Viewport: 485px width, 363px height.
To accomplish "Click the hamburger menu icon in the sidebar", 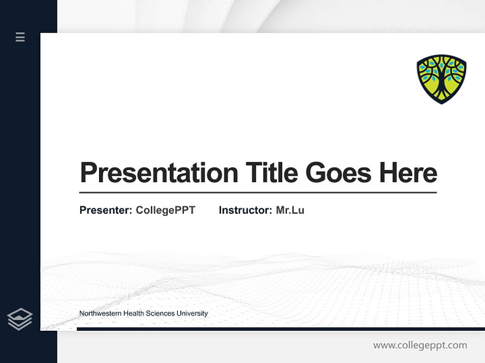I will (x=20, y=37).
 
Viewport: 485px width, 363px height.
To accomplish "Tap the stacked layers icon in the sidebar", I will (x=20, y=319).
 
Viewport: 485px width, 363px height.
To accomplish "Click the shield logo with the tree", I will (x=441, y=79).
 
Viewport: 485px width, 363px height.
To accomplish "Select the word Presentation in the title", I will (x=159, y=173).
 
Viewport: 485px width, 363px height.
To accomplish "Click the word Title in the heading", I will (x=271, y=173).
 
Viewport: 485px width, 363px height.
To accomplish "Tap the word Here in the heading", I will (x=408, y=173).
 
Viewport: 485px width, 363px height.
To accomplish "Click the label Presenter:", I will (x=106, y=210).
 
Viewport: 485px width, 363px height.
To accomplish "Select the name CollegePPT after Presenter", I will (x=165, y=210).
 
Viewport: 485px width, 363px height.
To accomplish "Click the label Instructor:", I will (x=245, y=210).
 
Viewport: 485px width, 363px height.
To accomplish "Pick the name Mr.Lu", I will (x=290, y=210).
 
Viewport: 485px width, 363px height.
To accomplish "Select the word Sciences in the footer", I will (x=160, y=314).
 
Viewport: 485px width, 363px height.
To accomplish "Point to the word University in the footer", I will (x=192, y=314).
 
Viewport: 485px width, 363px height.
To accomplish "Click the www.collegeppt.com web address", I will (x=420, y=345).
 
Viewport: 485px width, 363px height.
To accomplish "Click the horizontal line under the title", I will (x=258, y=193).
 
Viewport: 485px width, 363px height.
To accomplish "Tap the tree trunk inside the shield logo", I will (x=441, y=86).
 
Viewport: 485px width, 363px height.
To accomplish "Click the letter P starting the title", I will (x=88, y=173).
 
